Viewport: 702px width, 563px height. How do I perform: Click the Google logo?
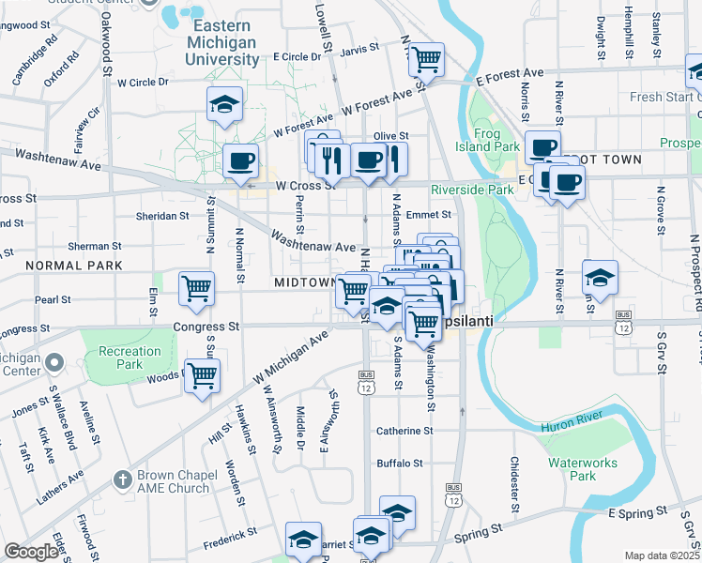coord(31,552)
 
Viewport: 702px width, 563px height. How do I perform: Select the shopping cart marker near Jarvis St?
coord(427,60)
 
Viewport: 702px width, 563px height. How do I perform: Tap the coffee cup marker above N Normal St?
coord(241,160)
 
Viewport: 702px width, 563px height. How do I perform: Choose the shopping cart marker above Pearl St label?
coord(196,288)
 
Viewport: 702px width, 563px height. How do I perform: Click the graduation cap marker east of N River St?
coord(600,277)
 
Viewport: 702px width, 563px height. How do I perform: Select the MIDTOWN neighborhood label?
coord(305,282)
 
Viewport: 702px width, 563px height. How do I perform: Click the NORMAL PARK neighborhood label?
coord(39,266)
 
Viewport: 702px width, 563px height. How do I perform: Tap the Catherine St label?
coord(404,431)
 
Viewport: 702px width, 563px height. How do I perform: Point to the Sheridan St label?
coord(163,216)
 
